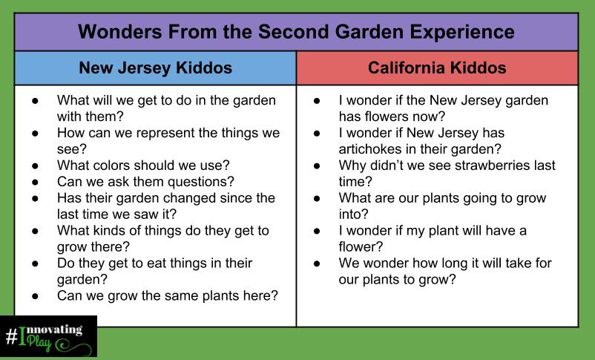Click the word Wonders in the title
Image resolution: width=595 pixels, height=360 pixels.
[x=120, y=31]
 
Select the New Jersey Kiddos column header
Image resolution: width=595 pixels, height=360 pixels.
[x=155, y=68]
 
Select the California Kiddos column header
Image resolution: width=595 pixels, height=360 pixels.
[x=437, y=68]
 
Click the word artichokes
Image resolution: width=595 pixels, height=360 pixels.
[x=370, y=149]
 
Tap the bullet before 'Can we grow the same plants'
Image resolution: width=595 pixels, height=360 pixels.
[x=36, y=296]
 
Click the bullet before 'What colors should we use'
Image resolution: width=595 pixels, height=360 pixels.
[x=36, y=166]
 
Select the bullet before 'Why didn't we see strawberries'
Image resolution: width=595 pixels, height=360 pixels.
[x=318, y=166]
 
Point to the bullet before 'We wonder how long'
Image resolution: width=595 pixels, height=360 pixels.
[x=318, y=264]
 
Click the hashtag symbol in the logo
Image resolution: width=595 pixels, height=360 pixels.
[x=11, y=336]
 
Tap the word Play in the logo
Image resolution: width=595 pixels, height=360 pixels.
[x=39, y=342]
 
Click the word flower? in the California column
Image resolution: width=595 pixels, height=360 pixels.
[x=361, y=247]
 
